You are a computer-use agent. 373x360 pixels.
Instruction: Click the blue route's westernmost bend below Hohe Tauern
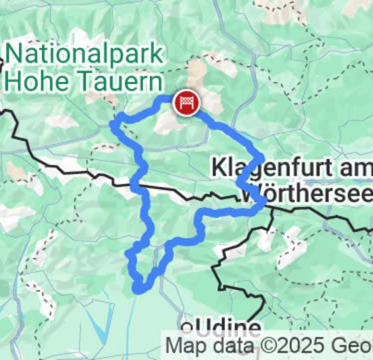tap(115, 123)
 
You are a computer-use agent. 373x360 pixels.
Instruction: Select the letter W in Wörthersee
tap(249, 194)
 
